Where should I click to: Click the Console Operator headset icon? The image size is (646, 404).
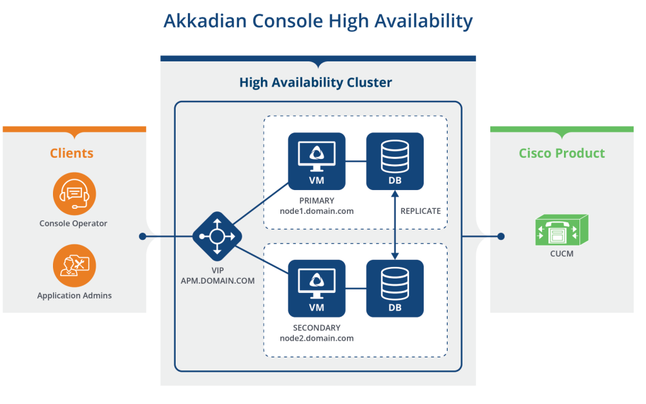pyautogui.click(x=74, y=193)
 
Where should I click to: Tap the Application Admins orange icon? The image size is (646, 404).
pyautogui.click(x=74, y=265)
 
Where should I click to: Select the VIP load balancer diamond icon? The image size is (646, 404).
pyautogui.click(x=217, y=236)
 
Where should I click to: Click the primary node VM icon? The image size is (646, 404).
pyautogui.click(x=317, y=161)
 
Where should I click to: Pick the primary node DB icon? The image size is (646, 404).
pyautogui.click(x=395, y=161)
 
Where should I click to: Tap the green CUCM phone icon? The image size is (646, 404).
pyautogui.click(x=561, y=231)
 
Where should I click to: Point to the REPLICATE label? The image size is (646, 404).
pyautogui.click(x=421, y=211)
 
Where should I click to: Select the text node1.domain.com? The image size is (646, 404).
pyautogui.click(x=317, y=211)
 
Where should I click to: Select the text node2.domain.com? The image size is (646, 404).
pyautogui.click(x=317, y=338)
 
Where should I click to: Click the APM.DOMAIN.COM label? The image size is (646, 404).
pyautogui.click(x=218, y=281)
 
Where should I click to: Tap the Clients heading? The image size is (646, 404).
pyautogui.click(x=72, y=153)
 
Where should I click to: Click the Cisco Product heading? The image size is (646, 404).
pyautogui.click(x=561, y=153)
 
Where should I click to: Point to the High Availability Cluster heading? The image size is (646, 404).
pyautogui.click(x=315, y=83)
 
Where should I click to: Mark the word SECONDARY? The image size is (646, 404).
pyautogui.click(x=317, y=328)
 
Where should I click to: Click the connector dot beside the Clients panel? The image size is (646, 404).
pyautogui.click(x=143, y=236)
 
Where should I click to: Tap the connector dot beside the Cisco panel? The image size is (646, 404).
pyautogui.click(x=501, y=236)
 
